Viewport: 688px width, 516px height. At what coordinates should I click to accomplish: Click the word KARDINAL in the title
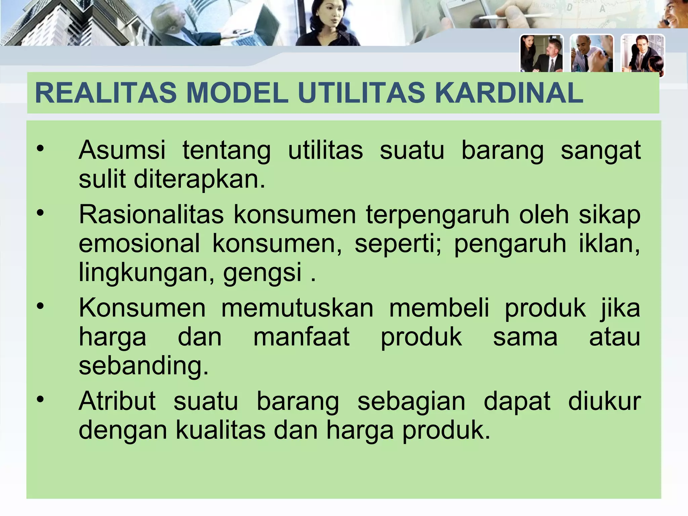(x=509, y=93)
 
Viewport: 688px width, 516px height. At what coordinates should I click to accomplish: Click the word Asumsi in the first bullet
(x=122, y=150)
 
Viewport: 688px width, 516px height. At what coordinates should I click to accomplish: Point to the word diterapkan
(x=200, y=179)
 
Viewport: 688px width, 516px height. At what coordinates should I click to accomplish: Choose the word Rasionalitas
(x=151, y=214)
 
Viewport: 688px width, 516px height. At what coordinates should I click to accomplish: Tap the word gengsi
(x=262, y=273)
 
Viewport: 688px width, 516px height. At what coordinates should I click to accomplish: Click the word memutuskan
(x=297, y=308)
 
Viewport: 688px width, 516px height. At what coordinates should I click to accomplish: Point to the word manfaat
(x=301, y=337)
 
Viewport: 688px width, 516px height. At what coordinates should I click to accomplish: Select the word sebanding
(x=143, y=366)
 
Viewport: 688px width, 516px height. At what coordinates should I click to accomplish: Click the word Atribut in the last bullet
(x=117, y=401)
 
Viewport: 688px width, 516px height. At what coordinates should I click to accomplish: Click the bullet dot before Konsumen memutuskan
(x=40, y=306)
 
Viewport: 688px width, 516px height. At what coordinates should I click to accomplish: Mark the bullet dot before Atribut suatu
(x=40, y=399)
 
